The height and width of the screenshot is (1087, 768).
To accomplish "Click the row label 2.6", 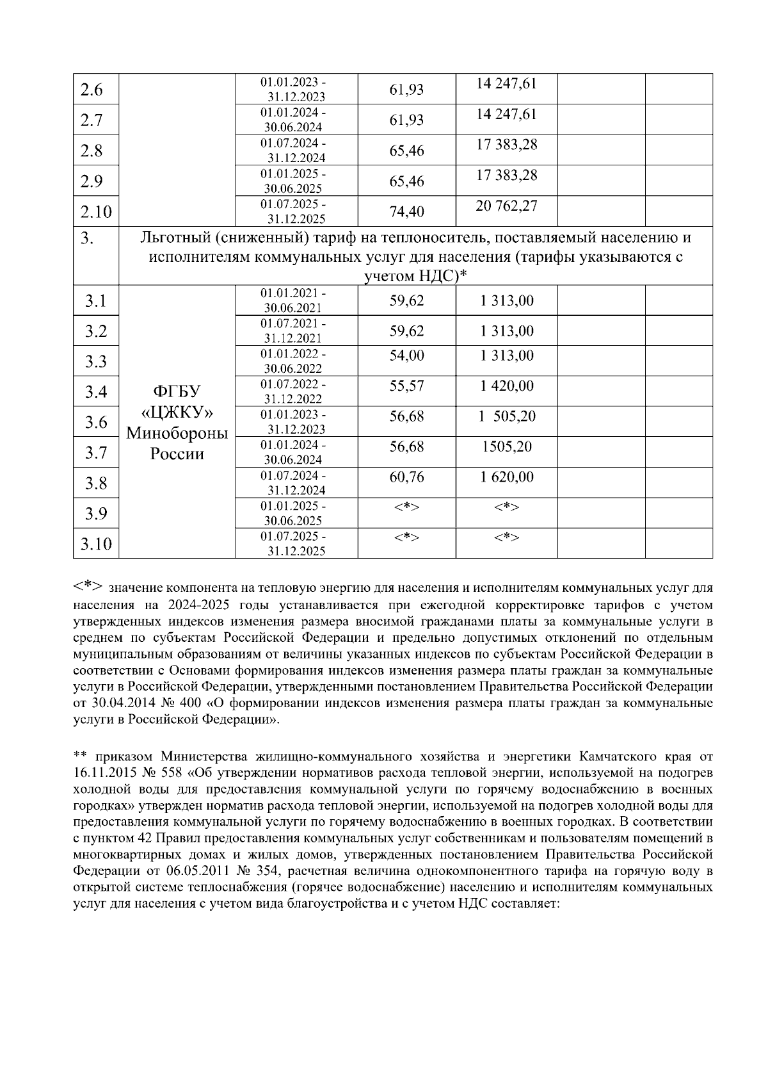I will [92, 90].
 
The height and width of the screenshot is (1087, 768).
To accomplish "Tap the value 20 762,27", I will [506, 206].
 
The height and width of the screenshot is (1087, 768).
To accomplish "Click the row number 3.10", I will [96, 544].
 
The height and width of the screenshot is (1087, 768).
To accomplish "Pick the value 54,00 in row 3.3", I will [406, 356].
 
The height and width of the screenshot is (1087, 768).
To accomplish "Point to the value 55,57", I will [406, 386].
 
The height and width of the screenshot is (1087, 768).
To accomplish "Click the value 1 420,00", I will [506, 386].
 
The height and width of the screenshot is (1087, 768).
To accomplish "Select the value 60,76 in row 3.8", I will [406, 477].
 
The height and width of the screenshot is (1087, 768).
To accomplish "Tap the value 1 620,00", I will [506, 477].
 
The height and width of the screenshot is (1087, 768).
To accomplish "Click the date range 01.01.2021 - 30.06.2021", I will [295, 300].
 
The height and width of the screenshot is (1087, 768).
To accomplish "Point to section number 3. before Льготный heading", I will [88, 238].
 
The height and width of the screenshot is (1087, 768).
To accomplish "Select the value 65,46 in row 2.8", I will [406, 151].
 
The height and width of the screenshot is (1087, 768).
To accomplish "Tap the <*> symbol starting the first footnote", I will [88, 586].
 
